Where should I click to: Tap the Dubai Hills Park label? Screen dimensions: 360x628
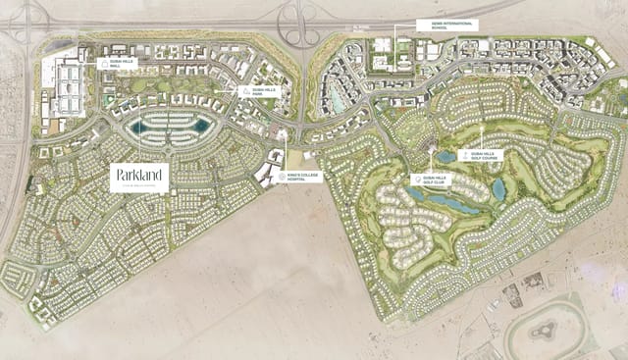(x=262, y=90)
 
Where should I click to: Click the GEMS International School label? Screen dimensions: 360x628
(x=446, y=25)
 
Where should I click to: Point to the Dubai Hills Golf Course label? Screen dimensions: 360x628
(x=482, y=155)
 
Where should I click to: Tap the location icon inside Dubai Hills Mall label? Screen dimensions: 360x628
(x=105, y=62)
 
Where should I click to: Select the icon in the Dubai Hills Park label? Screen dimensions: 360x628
(x=244, y=90)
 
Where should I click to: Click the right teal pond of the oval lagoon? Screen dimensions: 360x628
(x=201, y=126)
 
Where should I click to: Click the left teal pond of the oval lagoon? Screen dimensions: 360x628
(x=136, y=127)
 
